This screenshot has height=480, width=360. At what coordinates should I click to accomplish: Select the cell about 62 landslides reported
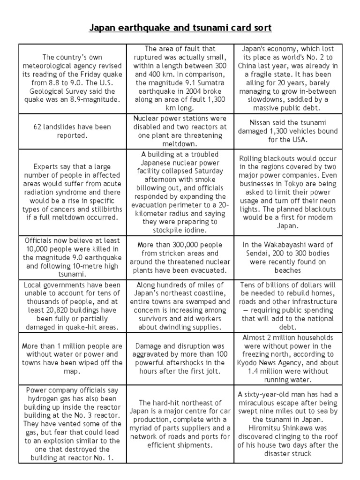(x=72, y=131)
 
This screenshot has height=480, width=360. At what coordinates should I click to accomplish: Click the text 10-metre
(x=90, y=266)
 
